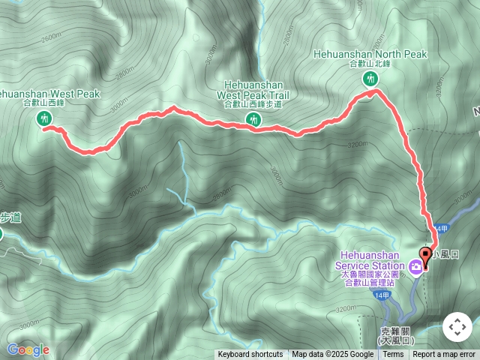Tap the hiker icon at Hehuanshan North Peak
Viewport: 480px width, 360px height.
[369, 79]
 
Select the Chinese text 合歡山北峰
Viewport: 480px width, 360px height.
[368, 64]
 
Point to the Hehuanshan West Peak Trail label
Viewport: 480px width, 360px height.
[253, 91]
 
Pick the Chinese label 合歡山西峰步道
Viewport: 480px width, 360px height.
[253, 104]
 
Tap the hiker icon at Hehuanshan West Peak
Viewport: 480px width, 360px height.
[44, 118]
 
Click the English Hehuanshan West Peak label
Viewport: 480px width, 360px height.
[48, 94]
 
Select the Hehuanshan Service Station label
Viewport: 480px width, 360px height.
[373, 260]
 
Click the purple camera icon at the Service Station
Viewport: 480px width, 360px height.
[414, 265]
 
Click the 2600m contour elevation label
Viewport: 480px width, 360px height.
[52, 38]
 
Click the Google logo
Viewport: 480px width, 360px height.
[28, 349]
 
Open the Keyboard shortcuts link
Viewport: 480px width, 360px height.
[250, 355]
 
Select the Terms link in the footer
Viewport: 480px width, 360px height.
[393, 355]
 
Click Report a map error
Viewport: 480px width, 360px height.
[445, 355]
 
